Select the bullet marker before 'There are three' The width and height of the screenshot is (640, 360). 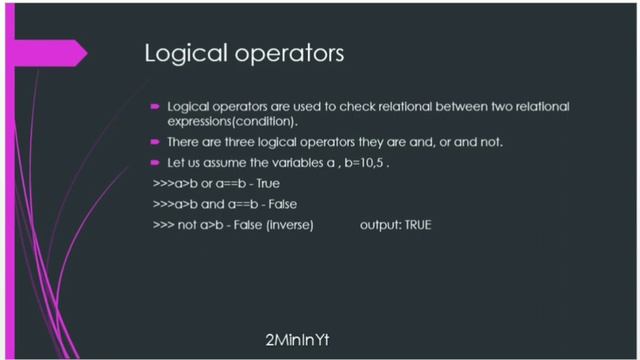(x=156, y=142)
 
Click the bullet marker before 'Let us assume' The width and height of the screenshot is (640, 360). (x=156, y=162)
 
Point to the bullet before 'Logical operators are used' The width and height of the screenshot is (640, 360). (x=156, y=105)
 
